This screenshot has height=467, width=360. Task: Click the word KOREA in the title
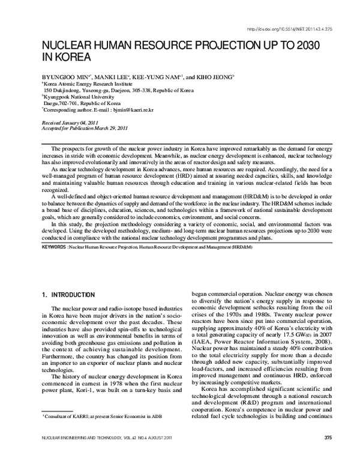click(x=70, y=58)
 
